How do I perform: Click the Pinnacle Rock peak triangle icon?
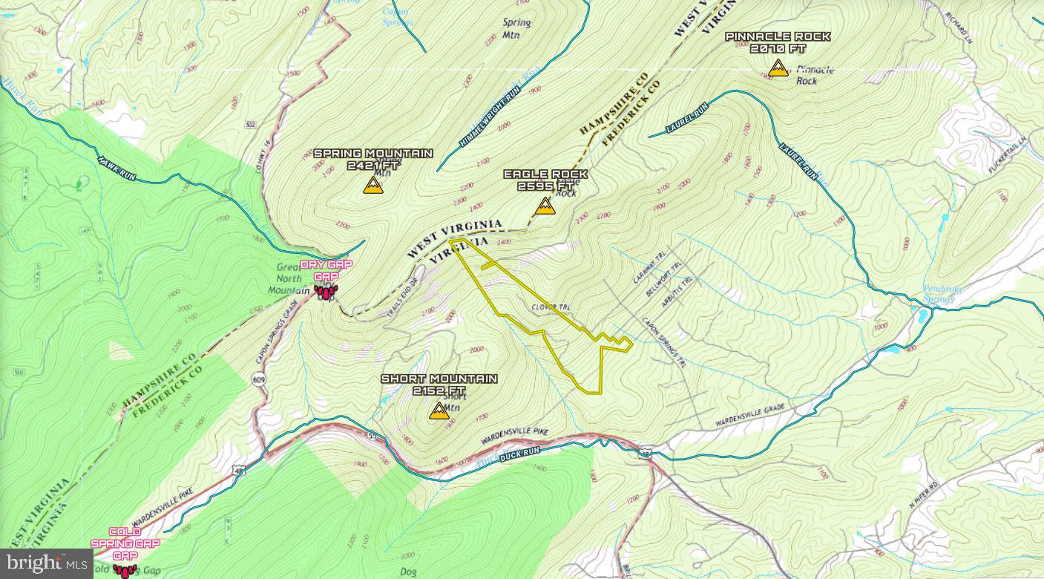pos(778,69)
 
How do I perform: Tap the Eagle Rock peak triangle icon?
pos(545,206)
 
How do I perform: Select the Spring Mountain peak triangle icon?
pos(373,186)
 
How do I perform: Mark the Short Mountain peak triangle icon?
pos(439,411)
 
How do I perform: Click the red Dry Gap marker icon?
pos(326,292)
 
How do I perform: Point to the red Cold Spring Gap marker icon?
pos(125,570)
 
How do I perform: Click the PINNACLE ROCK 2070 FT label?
pos(778,42)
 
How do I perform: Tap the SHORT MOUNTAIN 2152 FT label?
pos(439,385)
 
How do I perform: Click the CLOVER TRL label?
pos(550,307)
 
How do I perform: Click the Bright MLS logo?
pos(46,563)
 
